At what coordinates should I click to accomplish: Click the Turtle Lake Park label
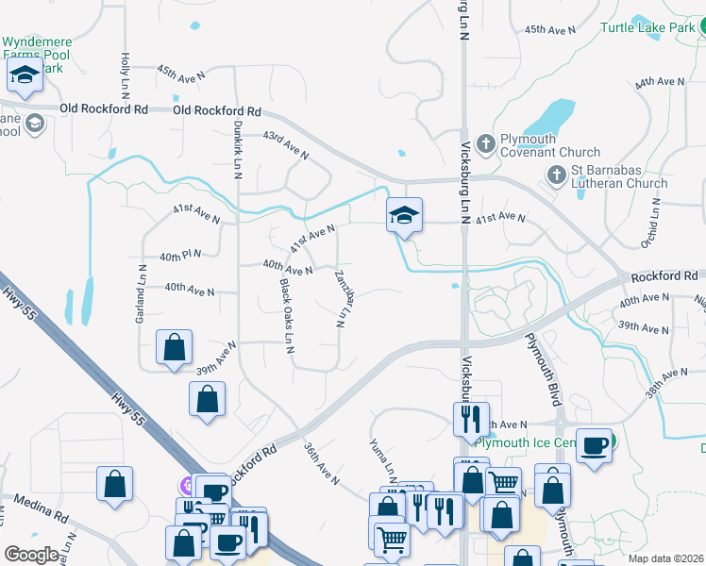click(647, 27)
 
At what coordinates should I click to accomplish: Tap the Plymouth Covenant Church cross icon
click(486, 143)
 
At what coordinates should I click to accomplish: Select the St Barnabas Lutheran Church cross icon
click(557, 175)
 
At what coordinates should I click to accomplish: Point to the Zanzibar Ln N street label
click(342, 298)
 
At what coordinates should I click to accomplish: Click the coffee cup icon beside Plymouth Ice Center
click(594, 445)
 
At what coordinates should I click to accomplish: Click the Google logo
click(31, 554)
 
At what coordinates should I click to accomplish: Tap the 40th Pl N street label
click(180, 257)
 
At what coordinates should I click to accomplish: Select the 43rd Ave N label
click(286, 144)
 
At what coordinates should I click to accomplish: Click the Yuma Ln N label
click(383, 461)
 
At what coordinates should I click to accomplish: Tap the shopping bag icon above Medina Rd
click(114, 484)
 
